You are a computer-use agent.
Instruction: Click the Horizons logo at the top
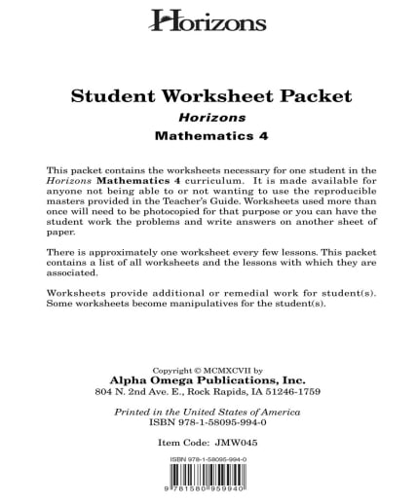tap(208, 19)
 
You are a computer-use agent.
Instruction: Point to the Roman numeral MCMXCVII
tap(225, 371)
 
